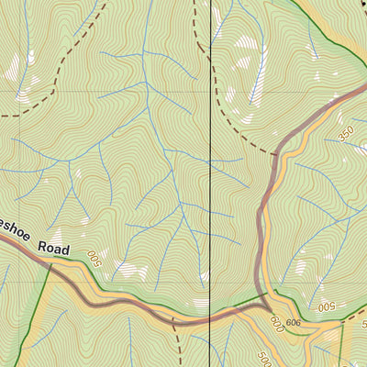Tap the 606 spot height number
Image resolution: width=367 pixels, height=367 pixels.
[293, 323]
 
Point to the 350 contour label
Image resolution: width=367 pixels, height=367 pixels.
[346, 133]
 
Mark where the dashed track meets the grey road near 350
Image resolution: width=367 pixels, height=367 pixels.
[276, 152]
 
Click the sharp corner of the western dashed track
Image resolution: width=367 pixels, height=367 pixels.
[60, 61]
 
